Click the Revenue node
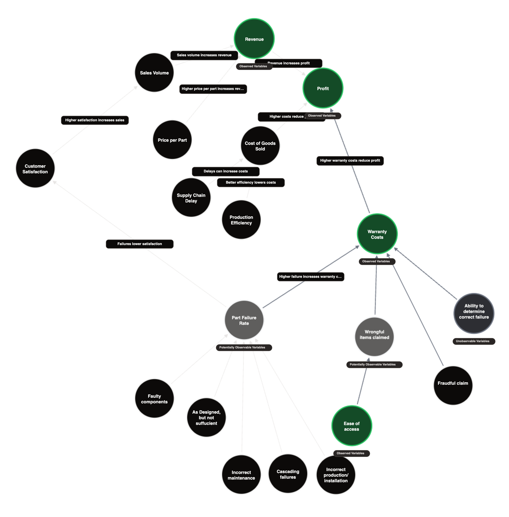click(254, 39)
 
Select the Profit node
click(323, 88)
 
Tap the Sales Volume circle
click(154, 72)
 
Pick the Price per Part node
click(172, 140)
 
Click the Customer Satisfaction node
click(35, 169)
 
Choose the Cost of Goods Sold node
click(260, 146)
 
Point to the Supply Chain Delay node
click(191, 198)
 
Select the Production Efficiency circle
click(241, 219)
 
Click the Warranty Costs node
click(377, 234)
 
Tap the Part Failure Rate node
click(244, 320)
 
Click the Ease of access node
click(351, 426)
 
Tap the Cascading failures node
click(288, 474)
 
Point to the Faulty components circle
click(154, 399)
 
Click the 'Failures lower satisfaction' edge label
click(140, 244)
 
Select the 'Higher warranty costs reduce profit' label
click(350, 161)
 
